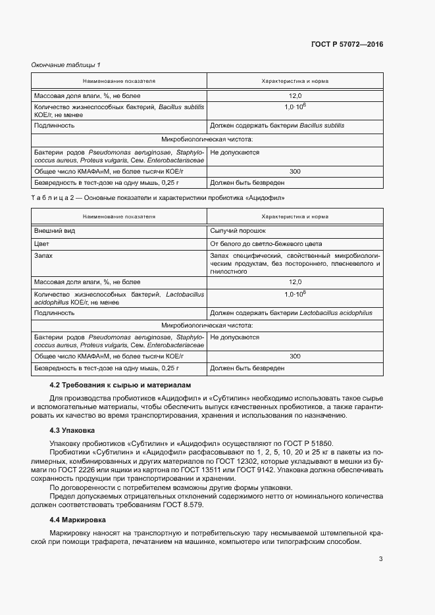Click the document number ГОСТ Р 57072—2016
(x=347, y=44)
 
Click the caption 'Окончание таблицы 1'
(x=66, y=64)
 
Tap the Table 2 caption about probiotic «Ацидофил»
(x=158, y=197)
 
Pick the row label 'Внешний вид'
(x=51, y=231)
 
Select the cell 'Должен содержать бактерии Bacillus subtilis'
(x=276, y=124)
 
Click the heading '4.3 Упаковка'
(x=72, y=431)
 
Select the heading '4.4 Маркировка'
(x=78, y=520)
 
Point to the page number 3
(x=380, y=559)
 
